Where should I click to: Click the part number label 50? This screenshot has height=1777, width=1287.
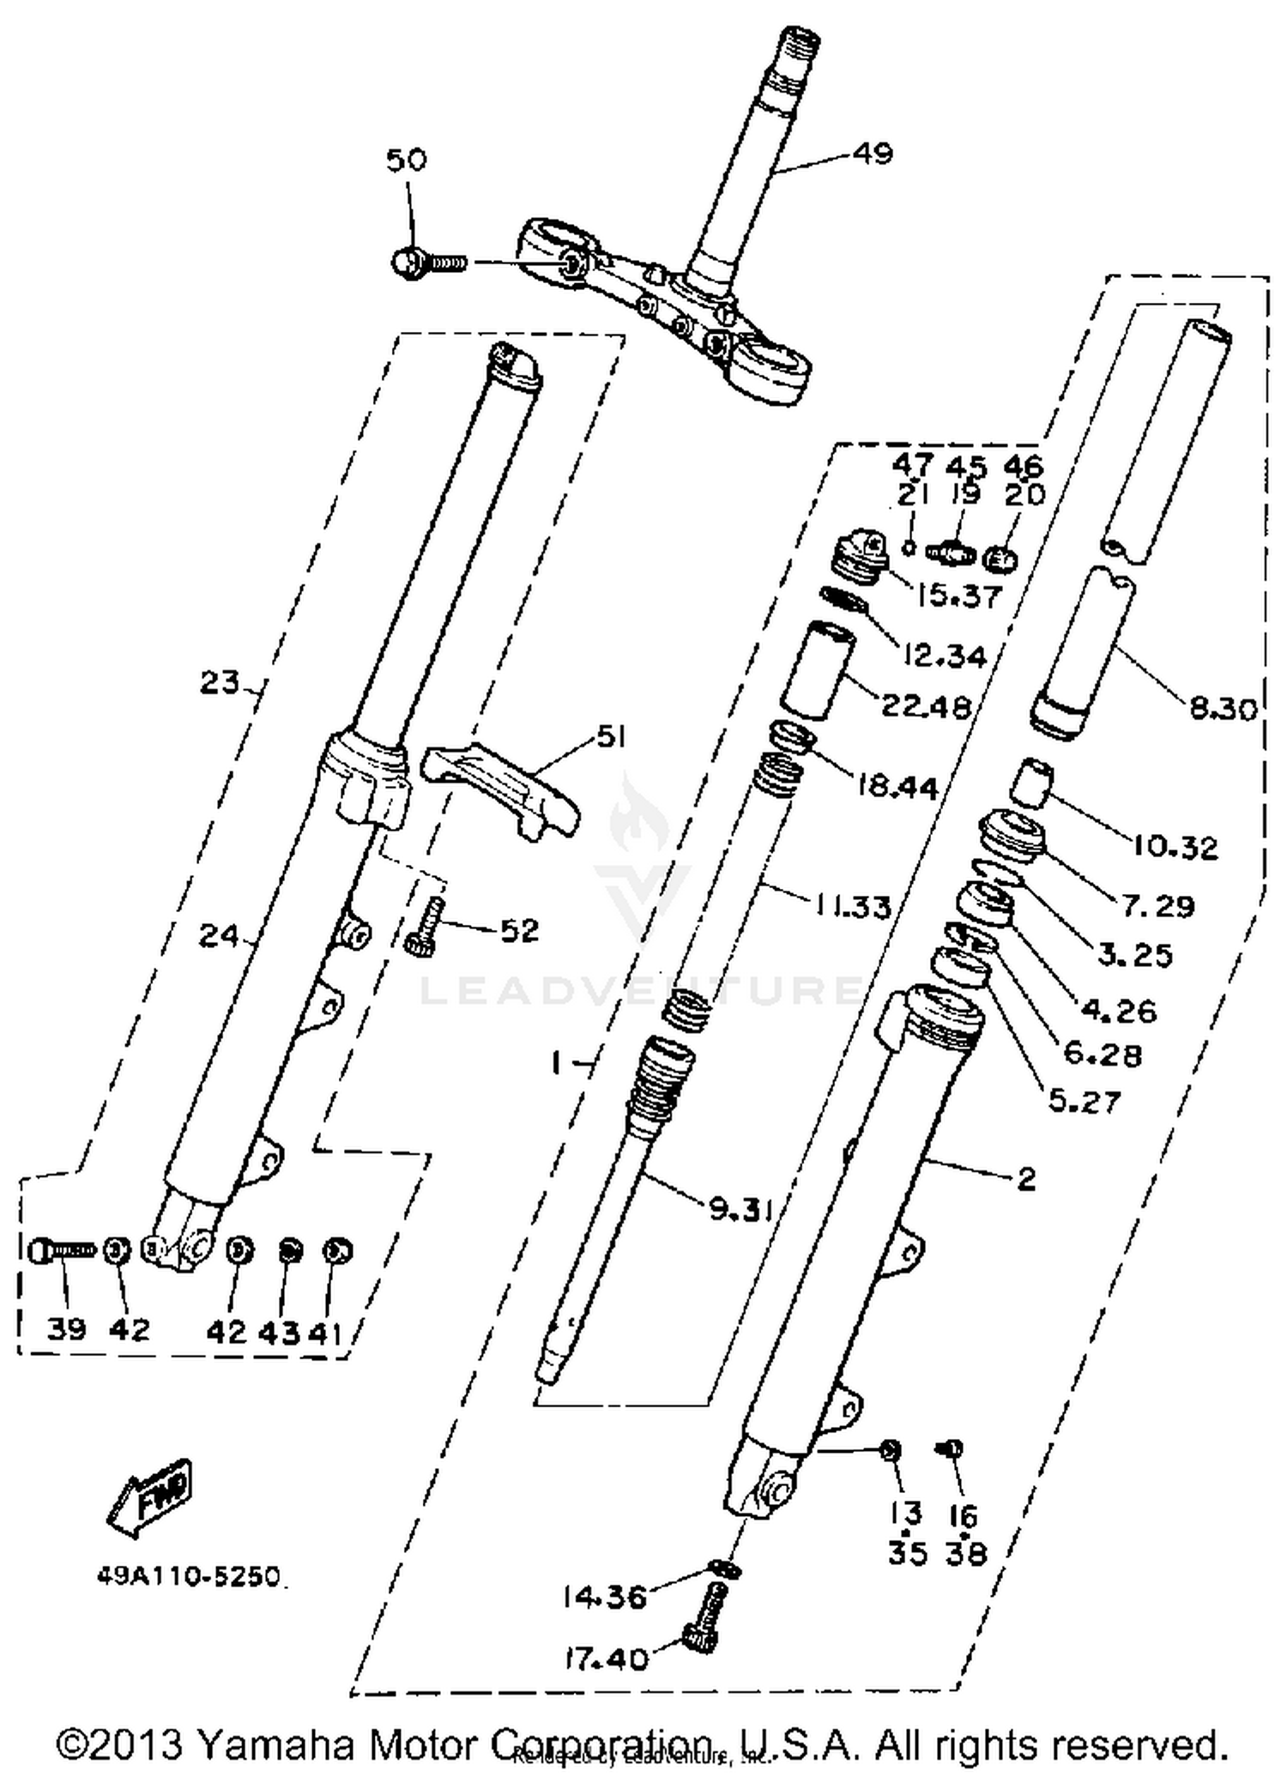406,160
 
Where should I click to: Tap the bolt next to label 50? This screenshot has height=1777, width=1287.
426,262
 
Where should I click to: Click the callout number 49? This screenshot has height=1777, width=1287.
873,154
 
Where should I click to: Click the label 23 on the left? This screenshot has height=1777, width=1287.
220,683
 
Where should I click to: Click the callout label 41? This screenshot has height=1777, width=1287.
327,1332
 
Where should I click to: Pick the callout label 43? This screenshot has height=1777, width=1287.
280,1332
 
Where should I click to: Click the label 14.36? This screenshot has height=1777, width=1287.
604,1598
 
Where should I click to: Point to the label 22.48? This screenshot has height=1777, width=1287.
927,706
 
